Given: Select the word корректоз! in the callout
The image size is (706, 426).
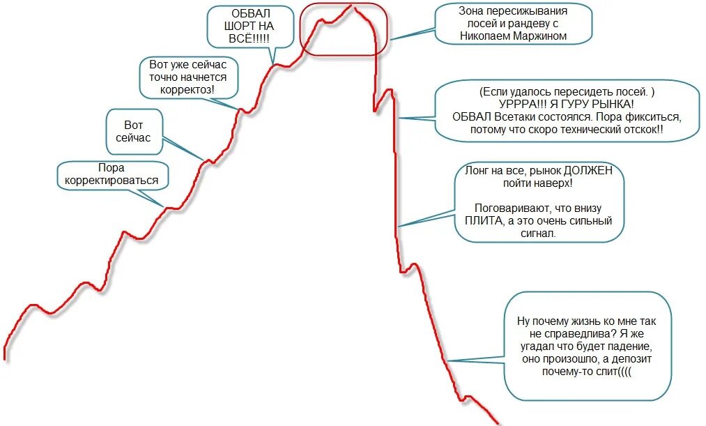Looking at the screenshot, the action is point(188,90).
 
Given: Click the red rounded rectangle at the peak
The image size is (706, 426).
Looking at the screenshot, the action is point(343,28).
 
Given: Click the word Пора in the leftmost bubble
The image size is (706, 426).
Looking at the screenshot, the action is point(112,168).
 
